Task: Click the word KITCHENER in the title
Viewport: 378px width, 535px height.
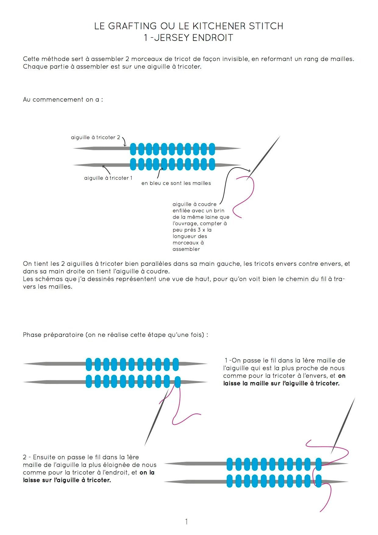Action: click(219, 26)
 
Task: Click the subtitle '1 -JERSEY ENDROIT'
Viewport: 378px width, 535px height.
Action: click(189, 38)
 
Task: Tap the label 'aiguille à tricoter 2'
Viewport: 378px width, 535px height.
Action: click(95, 138)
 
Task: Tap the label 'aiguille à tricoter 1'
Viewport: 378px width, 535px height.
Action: click(108, 178)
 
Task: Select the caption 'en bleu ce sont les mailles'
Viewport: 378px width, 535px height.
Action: click(176, 183)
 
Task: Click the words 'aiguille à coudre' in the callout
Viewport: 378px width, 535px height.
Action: click(194, 204)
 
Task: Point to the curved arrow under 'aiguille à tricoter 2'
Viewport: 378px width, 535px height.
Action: click(124, 142)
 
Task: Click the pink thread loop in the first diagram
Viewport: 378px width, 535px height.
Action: click(245, 195)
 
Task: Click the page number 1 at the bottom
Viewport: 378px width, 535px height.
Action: click(186, 522)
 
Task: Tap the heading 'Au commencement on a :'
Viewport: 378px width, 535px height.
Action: click(63, 100)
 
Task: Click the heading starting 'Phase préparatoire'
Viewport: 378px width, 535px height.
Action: click(115, 335)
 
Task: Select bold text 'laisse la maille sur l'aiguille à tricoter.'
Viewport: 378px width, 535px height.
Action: click(281, 384)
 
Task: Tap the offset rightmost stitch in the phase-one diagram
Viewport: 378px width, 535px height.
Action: click(177, 382)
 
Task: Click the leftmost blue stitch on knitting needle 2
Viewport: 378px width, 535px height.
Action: click(133, 149)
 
